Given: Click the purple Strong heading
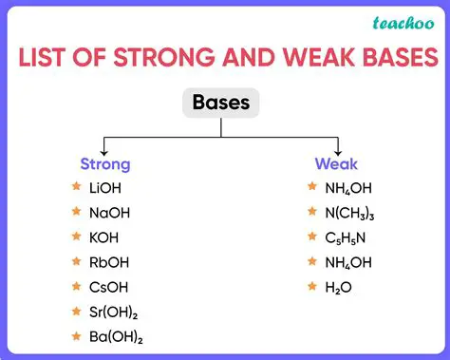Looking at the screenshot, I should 105,163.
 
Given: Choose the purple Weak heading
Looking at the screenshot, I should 336,163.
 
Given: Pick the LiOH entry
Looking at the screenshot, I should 103,188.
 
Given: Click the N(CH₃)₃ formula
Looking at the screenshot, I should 348,213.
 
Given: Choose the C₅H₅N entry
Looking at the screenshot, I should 344,237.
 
